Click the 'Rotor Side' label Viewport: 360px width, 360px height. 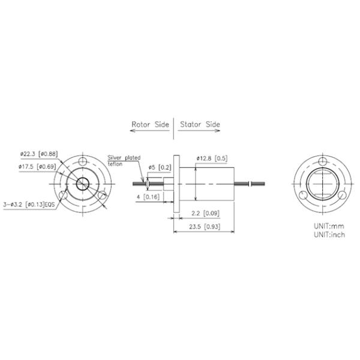coord(151,125)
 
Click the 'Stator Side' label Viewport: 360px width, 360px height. coord(200,125)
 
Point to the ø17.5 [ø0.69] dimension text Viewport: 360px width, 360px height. coord(37,166)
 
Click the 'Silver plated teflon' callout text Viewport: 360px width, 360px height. coord(124,160)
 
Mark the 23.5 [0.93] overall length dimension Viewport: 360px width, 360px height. coord(204,227)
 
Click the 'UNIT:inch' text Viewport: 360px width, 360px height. coord(328,234)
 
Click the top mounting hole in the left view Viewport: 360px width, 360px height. coord(82,161)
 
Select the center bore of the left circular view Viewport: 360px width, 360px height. coord(82,182)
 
